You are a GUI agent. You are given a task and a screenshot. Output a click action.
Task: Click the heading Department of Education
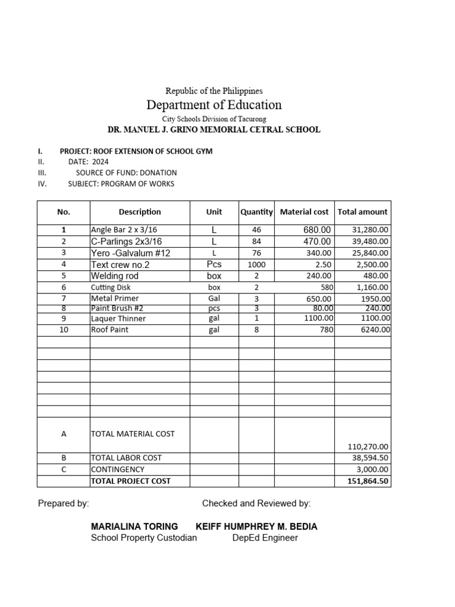point(214,106)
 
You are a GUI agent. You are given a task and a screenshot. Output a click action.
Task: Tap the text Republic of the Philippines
point(214,91)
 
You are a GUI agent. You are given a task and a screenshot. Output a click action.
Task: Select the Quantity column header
point(257,212)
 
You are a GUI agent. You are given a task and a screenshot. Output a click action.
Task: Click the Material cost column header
point(304,212)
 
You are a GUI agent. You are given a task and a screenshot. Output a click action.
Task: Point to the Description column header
point(140,212)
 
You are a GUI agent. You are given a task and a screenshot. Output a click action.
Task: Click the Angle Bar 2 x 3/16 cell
point(124,230)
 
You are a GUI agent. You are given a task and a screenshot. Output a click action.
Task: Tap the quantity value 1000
point(257,264)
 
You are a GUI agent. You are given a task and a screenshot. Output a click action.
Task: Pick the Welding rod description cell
point(115,276)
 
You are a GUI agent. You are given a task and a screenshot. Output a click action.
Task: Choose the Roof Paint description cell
point(110,330)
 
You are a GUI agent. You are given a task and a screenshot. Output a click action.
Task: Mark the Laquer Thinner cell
point(118,318)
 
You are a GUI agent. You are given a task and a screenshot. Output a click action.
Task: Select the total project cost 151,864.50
point(368,481)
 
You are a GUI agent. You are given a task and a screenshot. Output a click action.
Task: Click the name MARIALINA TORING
point(134,526)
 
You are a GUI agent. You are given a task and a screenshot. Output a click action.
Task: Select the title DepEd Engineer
point(265,538)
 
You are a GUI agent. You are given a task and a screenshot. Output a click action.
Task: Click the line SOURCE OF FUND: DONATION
point(126,172)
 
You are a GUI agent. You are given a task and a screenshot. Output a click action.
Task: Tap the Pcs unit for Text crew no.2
point(214,264)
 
